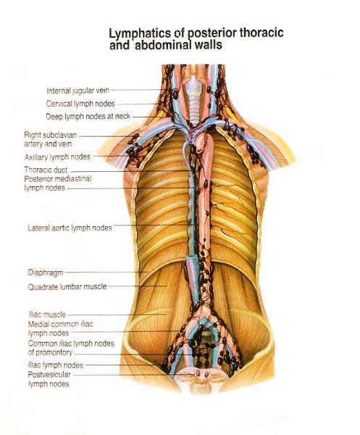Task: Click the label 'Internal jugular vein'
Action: pyautogui.click(x=78, y=91)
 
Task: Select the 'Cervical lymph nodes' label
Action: pyautogui.click(x=80, y=104)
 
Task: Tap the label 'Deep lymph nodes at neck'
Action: pyautogui.click(x=88, y=116)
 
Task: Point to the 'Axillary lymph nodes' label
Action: pyautogui.click(x=57, y=157)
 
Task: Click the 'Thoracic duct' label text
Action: pyautogui.click(x=46, y=170)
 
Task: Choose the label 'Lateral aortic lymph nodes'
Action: pyautogui.click(x=70, y=228)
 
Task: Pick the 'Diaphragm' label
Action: pyautogui.click(x=46, y=273)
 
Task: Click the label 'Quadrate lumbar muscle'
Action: pyautogui.click(x=67, y=286)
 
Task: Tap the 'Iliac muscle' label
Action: pyautogui.click(x=47, y=315)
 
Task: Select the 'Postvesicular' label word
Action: pyautogui.click(x=49, y=375)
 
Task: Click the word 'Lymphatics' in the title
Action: pyautogui.click(x=140, y=34)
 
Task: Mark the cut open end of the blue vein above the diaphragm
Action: pyautogui.click(x=191, y=258)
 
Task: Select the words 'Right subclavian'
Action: pyautogui.click(x=50, y=135)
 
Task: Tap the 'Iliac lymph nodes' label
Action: pyautogui.click(x=56, y=365)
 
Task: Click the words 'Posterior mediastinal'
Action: pyautogui.click(x=58, y=178)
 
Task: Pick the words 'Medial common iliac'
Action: pyautogui.click(x=60, y=324)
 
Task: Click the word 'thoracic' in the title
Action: pyautogui.click(x=261, y=33)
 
